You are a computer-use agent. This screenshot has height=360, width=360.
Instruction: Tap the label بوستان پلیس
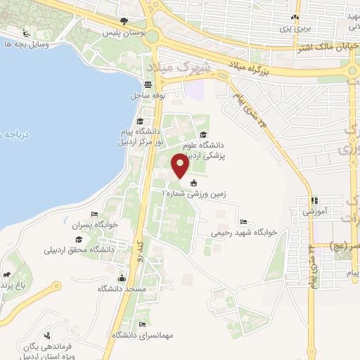pyautogui.click(x=124, y=32)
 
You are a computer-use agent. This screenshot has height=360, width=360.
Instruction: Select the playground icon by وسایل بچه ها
pyautogui.click(x=27, y=33)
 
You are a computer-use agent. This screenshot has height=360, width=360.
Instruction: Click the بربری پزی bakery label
pyautogui.click(x=296, y=30)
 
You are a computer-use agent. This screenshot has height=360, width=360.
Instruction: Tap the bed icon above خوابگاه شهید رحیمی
pyautogui.click(x=243, y=221)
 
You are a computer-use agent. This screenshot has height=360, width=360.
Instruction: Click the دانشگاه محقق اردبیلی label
pyautogui.click(x=84, y=249)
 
